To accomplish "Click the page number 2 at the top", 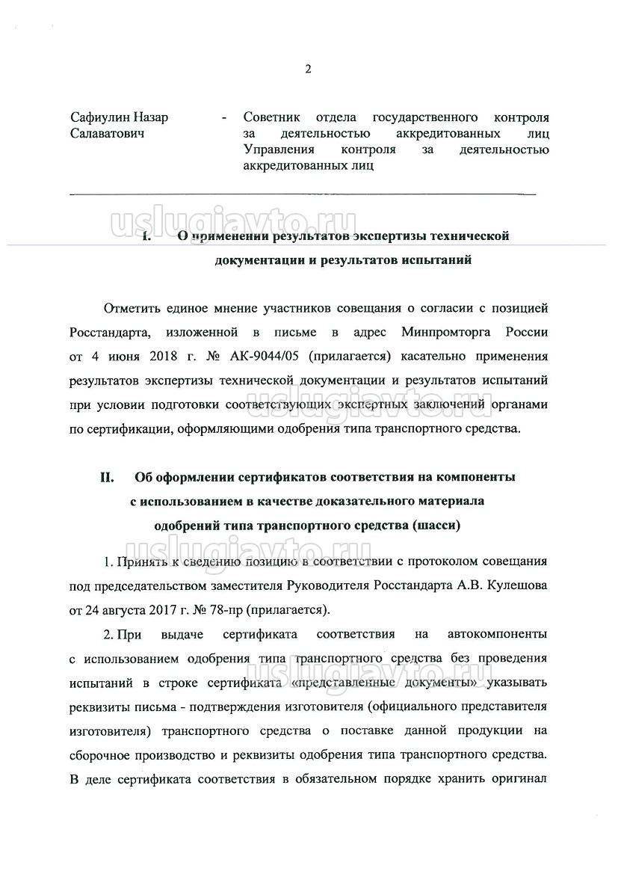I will (308, 70).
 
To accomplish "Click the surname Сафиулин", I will (98, 118).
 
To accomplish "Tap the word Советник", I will (272, 118).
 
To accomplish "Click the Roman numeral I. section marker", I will (146, 237).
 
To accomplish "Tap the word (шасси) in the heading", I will (436, 525).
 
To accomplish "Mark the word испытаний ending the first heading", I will (434, 261).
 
